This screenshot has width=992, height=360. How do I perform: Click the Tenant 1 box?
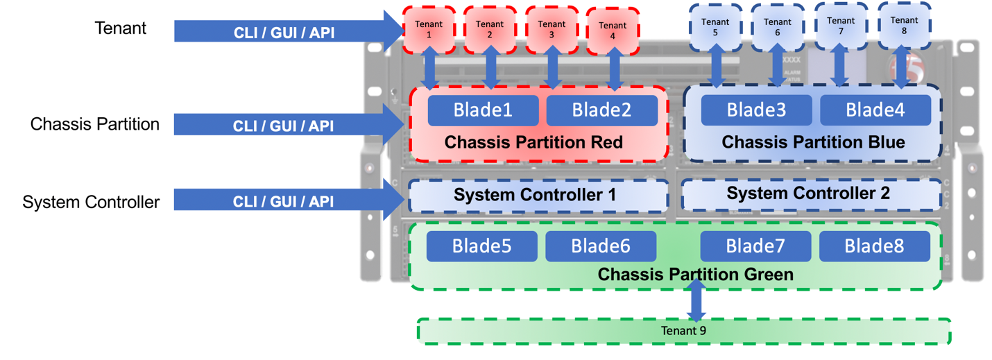tap(429, 29)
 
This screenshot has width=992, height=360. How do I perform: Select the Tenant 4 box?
tap(613, 31)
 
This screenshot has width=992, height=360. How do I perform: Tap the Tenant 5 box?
tap(715, 27)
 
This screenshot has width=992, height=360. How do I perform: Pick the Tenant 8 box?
tap(904, 25)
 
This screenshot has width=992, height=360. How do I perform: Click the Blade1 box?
tap(483, 110)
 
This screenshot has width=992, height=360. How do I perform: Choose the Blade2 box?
tap(602, 110)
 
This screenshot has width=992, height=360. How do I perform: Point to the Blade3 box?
tap(756, 110)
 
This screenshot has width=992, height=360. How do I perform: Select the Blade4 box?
tap(875, 110)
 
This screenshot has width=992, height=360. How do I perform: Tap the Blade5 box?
tap(481, 246)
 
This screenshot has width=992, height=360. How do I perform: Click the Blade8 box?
tap(874, 246)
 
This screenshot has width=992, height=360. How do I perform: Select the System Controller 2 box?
tap(807, 194)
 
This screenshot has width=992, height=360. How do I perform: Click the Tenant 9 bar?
tap(683, 331)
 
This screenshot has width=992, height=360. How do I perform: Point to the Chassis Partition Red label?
tap(533, 142)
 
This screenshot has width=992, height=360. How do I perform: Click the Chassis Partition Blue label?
tap(813, 142)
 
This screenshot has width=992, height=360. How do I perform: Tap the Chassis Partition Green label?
tap(695, 275)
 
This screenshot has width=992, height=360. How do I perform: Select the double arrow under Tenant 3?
tap(552, 68)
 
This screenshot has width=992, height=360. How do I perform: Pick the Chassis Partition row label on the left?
tap(95, 124)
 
